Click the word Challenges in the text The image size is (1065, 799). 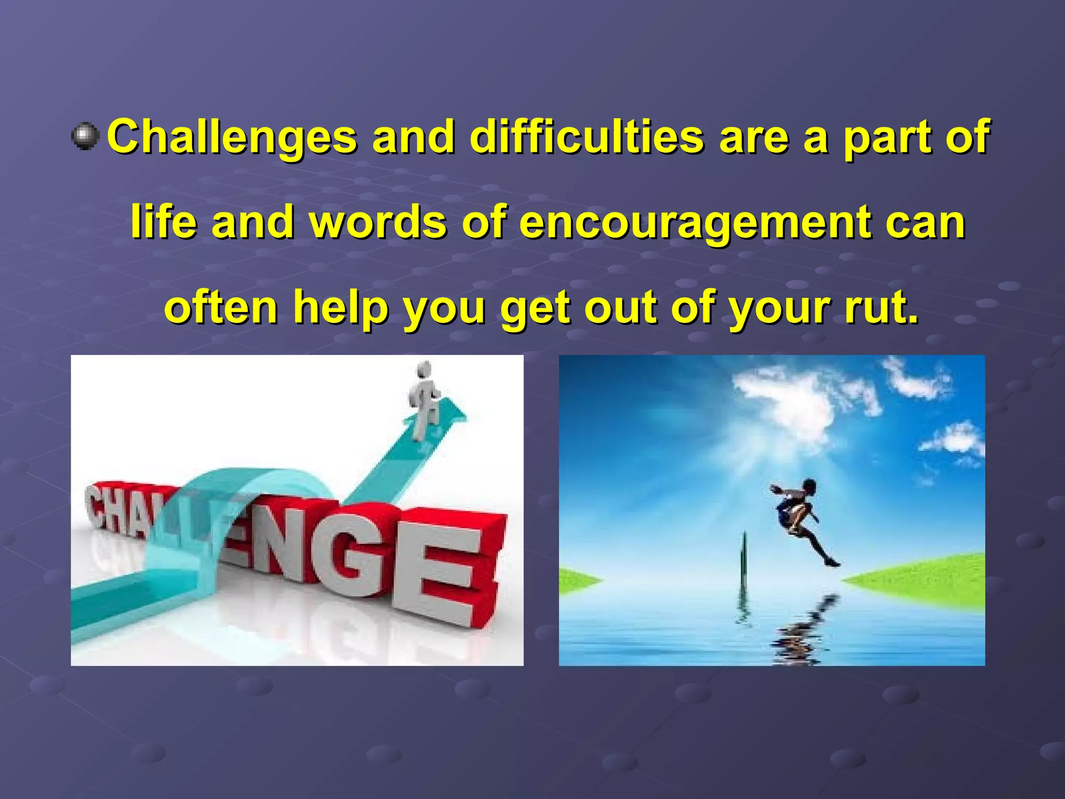click(231, 137)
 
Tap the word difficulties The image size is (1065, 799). click(586, 137)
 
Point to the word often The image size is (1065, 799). click(221, 308)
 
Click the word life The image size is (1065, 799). click(164, 223)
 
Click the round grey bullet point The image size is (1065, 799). click(85, 136)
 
